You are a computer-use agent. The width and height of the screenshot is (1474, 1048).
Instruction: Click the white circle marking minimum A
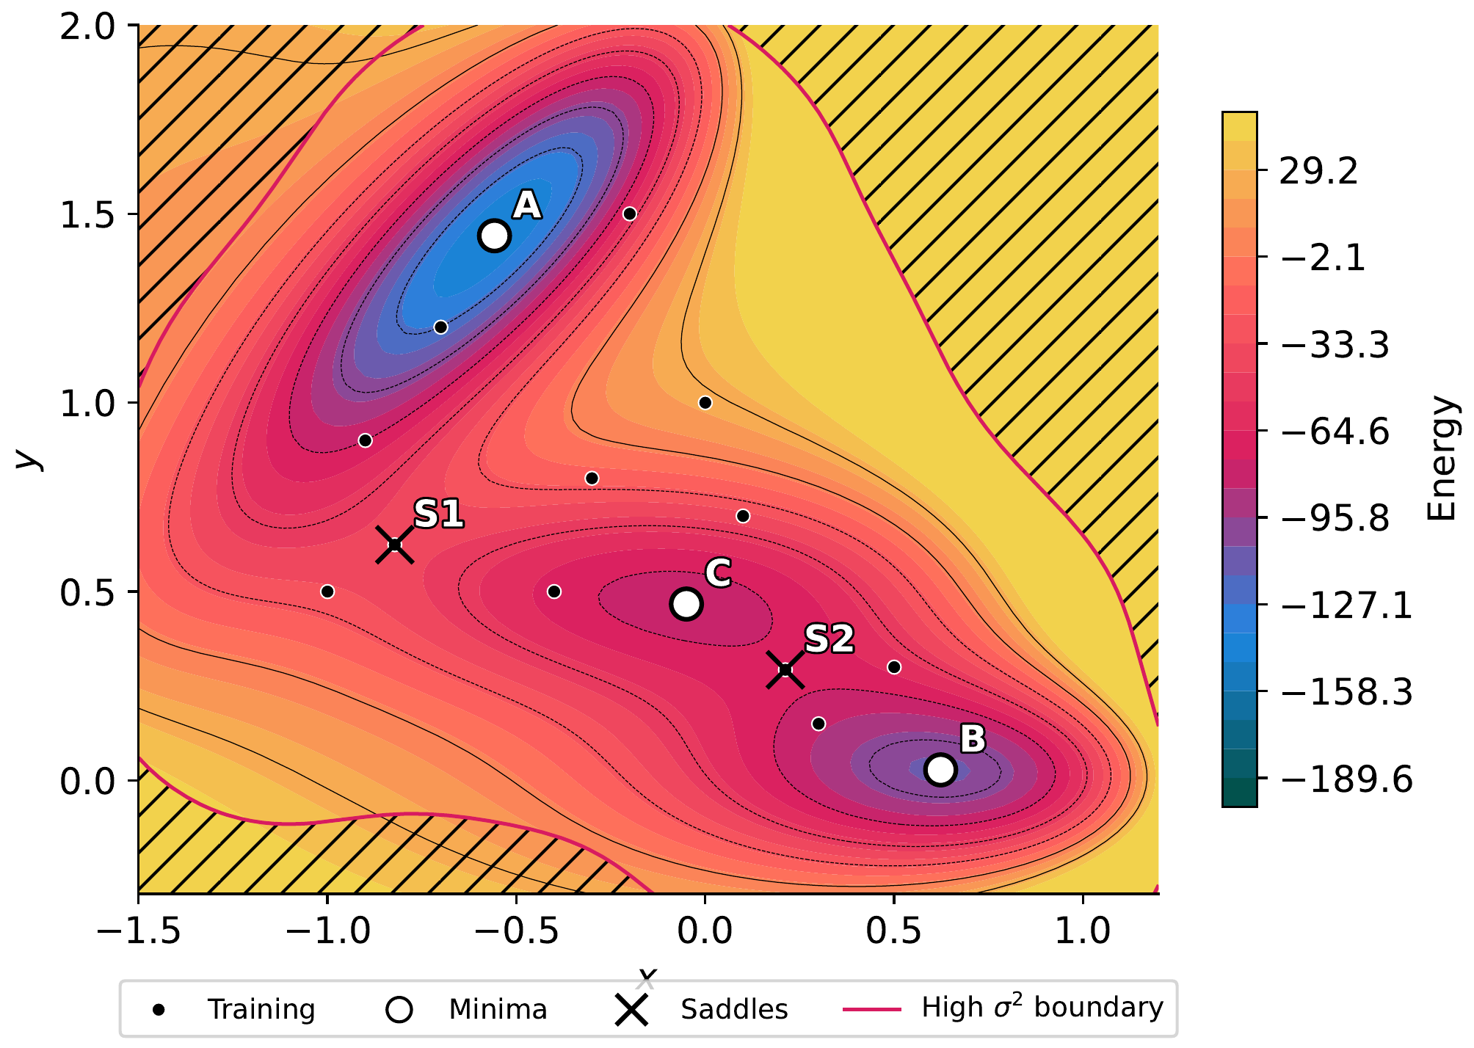[x=494, y=236]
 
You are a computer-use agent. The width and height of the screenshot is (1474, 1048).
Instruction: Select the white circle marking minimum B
[x=940, y=770]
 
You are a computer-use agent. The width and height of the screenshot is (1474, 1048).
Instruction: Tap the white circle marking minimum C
[x=686, y=603]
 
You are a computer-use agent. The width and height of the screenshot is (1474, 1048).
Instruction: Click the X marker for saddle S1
[x=394, y=545]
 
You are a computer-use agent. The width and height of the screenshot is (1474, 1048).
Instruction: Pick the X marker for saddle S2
[x=785, y=669]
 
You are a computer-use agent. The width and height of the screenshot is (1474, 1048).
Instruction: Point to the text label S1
[x=438, y=514]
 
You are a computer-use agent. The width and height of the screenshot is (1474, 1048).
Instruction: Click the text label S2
[x=829, y=638]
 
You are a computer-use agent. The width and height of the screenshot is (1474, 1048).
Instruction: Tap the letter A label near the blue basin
[x=527, y=205]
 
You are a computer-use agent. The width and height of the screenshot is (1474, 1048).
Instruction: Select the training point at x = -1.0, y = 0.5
[x=327, y=592]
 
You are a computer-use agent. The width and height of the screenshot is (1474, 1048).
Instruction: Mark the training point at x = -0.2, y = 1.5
[x=629, y=214]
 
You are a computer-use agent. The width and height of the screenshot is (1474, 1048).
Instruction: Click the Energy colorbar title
[x=1442, y=459]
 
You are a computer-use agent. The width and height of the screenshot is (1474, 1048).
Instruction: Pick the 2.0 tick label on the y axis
[x=88, y=27]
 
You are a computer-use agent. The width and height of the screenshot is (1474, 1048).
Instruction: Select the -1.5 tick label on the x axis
[x=139, y=931]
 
